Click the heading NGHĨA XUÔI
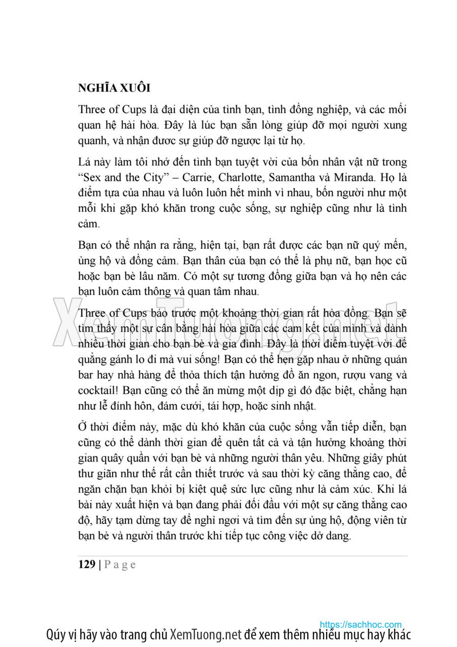(x=114, y=87)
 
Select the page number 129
(x=87, y=565)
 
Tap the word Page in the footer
(x=120, y=565)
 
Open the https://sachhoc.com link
(x=361, y=625)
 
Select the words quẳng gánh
(x=106, y=361)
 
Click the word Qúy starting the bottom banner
(x=55, y=635)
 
